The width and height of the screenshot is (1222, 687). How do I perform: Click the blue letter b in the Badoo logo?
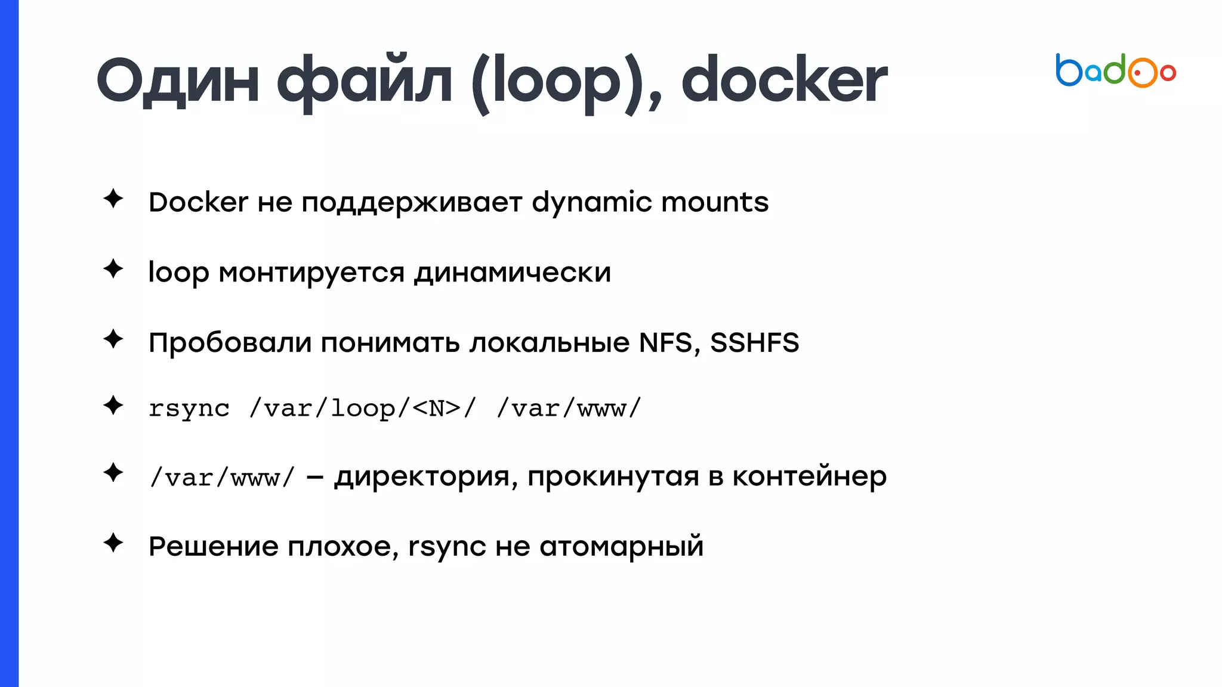(x=1069, y=71)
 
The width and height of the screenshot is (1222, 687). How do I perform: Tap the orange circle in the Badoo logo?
(x=1141, y=73)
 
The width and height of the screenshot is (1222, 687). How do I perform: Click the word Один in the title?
(x=177, y=81)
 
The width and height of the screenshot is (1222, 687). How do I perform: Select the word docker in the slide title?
(x=783, y=81)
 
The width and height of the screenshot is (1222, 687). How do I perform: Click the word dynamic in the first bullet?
(x=591, y=203)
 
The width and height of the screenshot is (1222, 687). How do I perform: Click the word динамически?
(x=513, y=273)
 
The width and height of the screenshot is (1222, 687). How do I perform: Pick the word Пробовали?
(x=230, y=343)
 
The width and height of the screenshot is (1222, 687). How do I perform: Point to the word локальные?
(x=550, y=343)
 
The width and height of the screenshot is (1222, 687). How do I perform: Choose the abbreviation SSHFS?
(x=754, y=343)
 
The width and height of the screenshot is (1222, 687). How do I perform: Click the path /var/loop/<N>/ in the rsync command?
(x=363, y=409)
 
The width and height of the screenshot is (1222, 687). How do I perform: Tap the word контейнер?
(x=809, y=476)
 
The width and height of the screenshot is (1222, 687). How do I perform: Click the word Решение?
(x=213, y=546)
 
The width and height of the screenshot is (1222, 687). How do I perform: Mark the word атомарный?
(x=621, y=547)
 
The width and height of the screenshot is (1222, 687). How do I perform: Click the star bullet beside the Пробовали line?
(x=113, y=339)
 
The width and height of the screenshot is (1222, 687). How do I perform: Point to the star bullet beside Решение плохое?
(x=113, y=543)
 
